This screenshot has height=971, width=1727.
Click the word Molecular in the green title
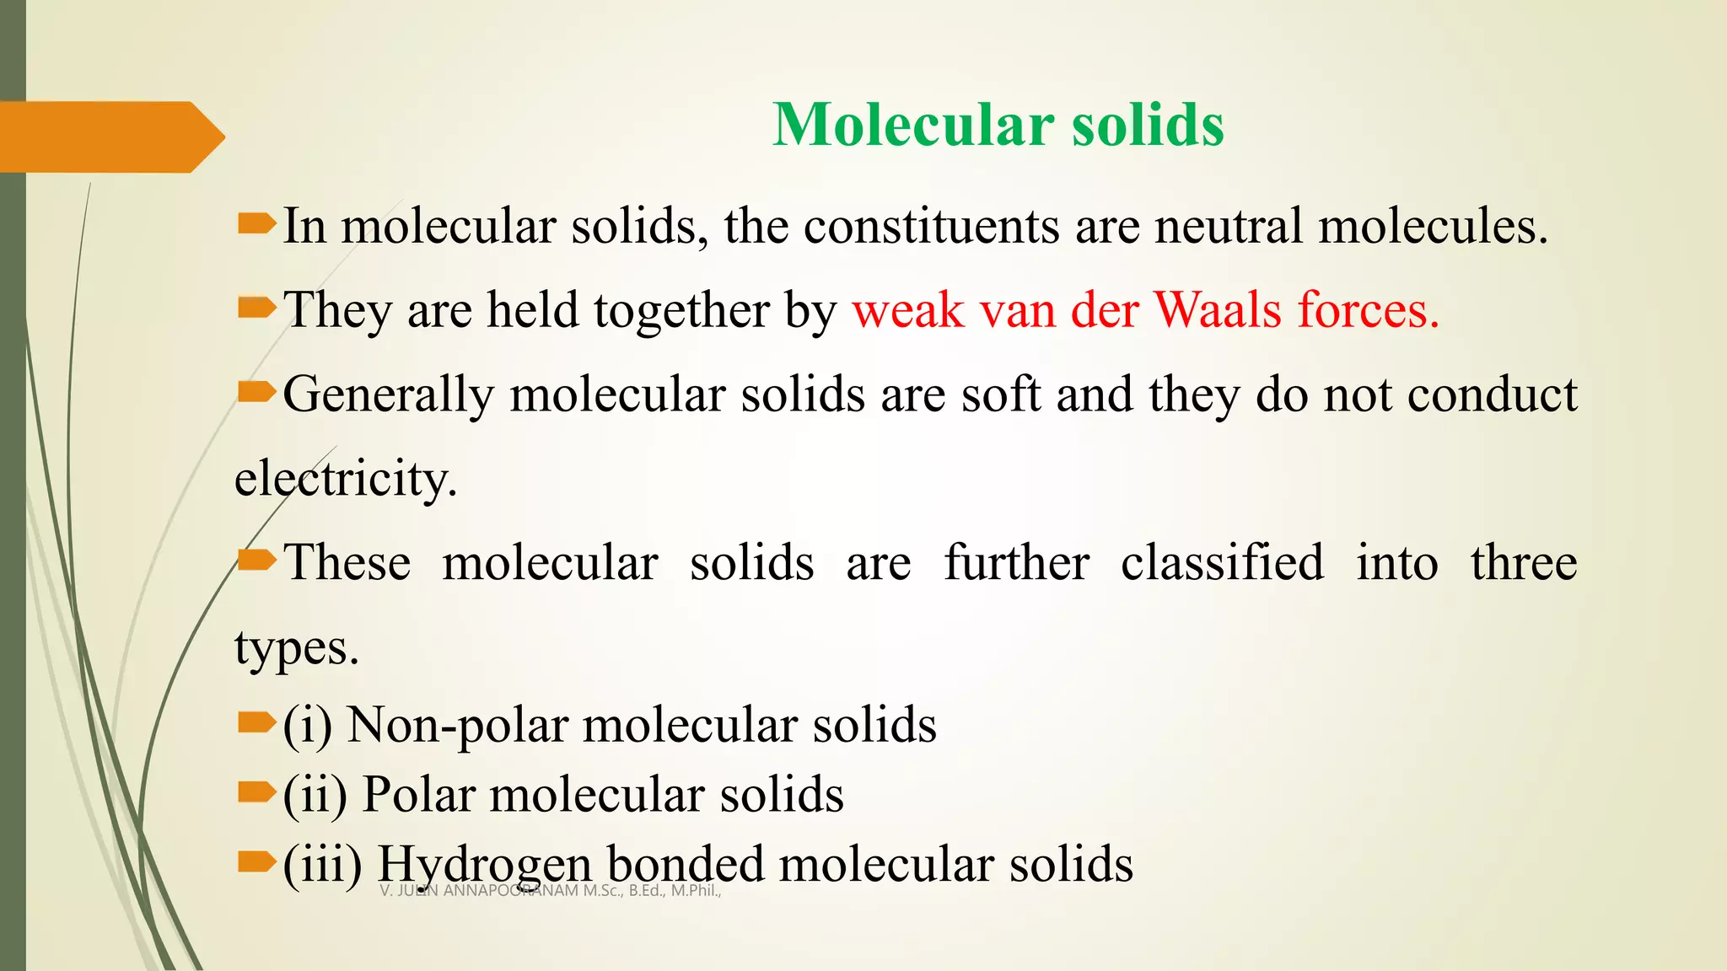pos(913,125)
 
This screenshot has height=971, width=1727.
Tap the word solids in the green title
pos(1148,125)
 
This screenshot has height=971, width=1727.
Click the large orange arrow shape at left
pos(105,137)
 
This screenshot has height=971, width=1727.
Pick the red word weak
pos(908,310)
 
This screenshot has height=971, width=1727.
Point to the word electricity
pos(346,480)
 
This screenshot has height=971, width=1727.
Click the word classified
pos(1222,563)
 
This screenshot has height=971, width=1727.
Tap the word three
pos(1524,563)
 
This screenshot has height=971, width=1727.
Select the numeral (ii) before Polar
pos(315,795)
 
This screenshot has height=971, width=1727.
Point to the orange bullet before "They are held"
pos(256,308)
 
